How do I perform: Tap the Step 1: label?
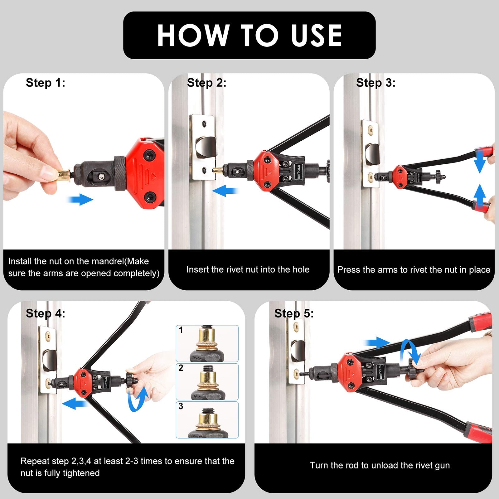(x=46, y=83)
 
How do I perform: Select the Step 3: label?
(x=375, y=83)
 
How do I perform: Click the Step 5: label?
(x=294, y=313)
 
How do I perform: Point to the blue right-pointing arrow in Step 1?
(x=80, y=199)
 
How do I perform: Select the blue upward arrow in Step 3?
(x=480, y=195)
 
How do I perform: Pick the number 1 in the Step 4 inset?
(x=181, y=330)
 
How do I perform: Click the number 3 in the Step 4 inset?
(x=181, y=406)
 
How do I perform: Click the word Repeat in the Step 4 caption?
(x=34, y=461)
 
